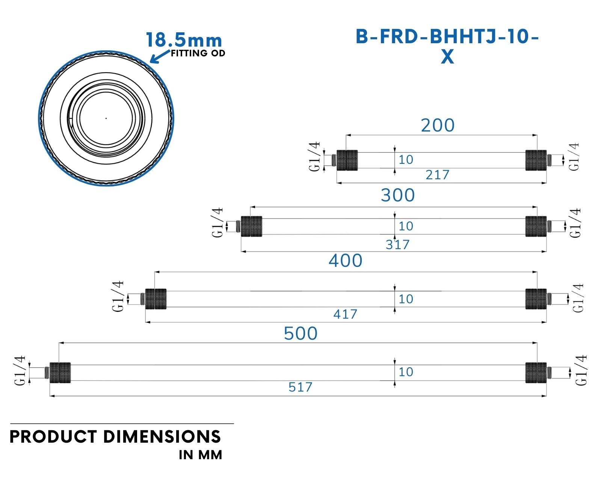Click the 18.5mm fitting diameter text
184,40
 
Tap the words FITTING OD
198,53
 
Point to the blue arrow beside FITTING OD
160,56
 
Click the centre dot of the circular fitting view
106,118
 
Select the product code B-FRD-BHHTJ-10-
447,36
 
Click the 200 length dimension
438,125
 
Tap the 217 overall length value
437,175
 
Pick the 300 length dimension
398,195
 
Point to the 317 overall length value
397,245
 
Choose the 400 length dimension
346,261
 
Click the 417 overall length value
345,315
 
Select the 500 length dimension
301,333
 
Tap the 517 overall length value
300,387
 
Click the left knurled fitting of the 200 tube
347,160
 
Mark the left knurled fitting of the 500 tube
60,373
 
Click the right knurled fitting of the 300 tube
536,226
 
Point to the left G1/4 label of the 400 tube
118,296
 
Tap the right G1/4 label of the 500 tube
581,370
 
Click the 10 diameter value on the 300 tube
406,226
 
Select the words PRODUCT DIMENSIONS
115,437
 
